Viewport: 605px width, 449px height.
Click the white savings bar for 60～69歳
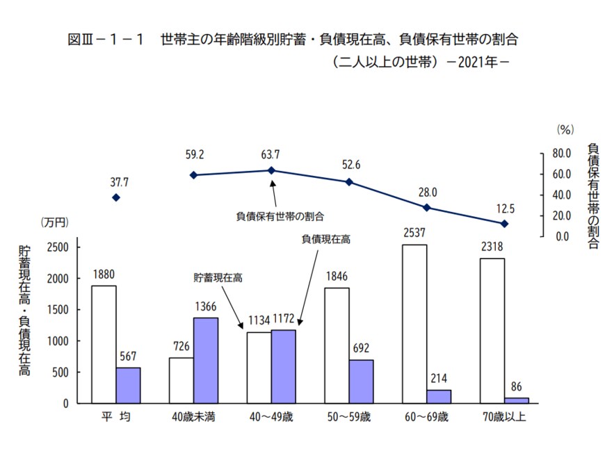414,324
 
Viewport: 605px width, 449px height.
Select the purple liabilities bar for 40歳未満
206,360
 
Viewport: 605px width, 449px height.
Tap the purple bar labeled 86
516,400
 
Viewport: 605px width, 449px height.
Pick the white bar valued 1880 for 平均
104,344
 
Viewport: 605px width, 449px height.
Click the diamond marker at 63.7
272,170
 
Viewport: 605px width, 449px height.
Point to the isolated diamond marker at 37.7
116,198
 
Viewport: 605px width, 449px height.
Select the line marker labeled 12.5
505,224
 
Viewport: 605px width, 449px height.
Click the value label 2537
414,232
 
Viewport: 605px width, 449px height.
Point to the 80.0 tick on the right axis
561,153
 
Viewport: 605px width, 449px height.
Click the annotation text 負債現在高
325,239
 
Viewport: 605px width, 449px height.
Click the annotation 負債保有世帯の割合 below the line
281,216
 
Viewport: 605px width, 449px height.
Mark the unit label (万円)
55,222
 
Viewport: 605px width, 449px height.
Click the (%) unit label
564,129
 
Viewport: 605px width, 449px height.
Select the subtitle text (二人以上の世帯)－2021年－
421,61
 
